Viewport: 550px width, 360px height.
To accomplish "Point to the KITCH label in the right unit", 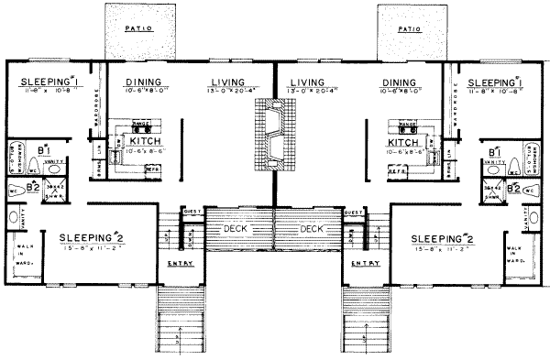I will coord(404,143).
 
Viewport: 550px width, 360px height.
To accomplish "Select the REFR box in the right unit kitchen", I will coord(398,170).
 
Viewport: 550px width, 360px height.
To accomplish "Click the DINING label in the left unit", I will coord(141,82).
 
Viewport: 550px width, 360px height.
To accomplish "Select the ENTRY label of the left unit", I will coord(180,264).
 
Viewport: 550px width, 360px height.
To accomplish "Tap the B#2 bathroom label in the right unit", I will coord(513,189).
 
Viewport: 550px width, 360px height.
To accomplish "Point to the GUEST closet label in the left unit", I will coord(192,212).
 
